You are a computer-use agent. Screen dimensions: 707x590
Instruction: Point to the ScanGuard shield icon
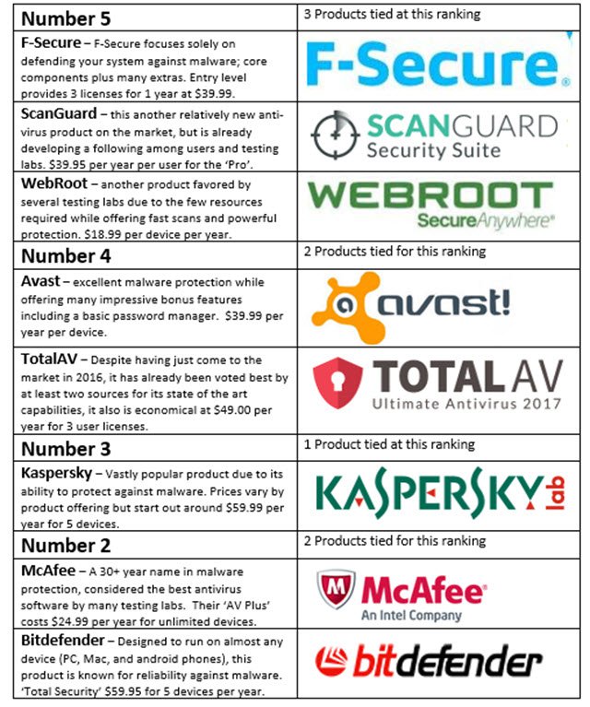[x=336, y=133]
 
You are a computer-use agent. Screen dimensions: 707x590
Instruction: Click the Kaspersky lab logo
[x=439, y=495]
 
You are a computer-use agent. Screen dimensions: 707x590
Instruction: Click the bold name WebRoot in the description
[x=54, y=183]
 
